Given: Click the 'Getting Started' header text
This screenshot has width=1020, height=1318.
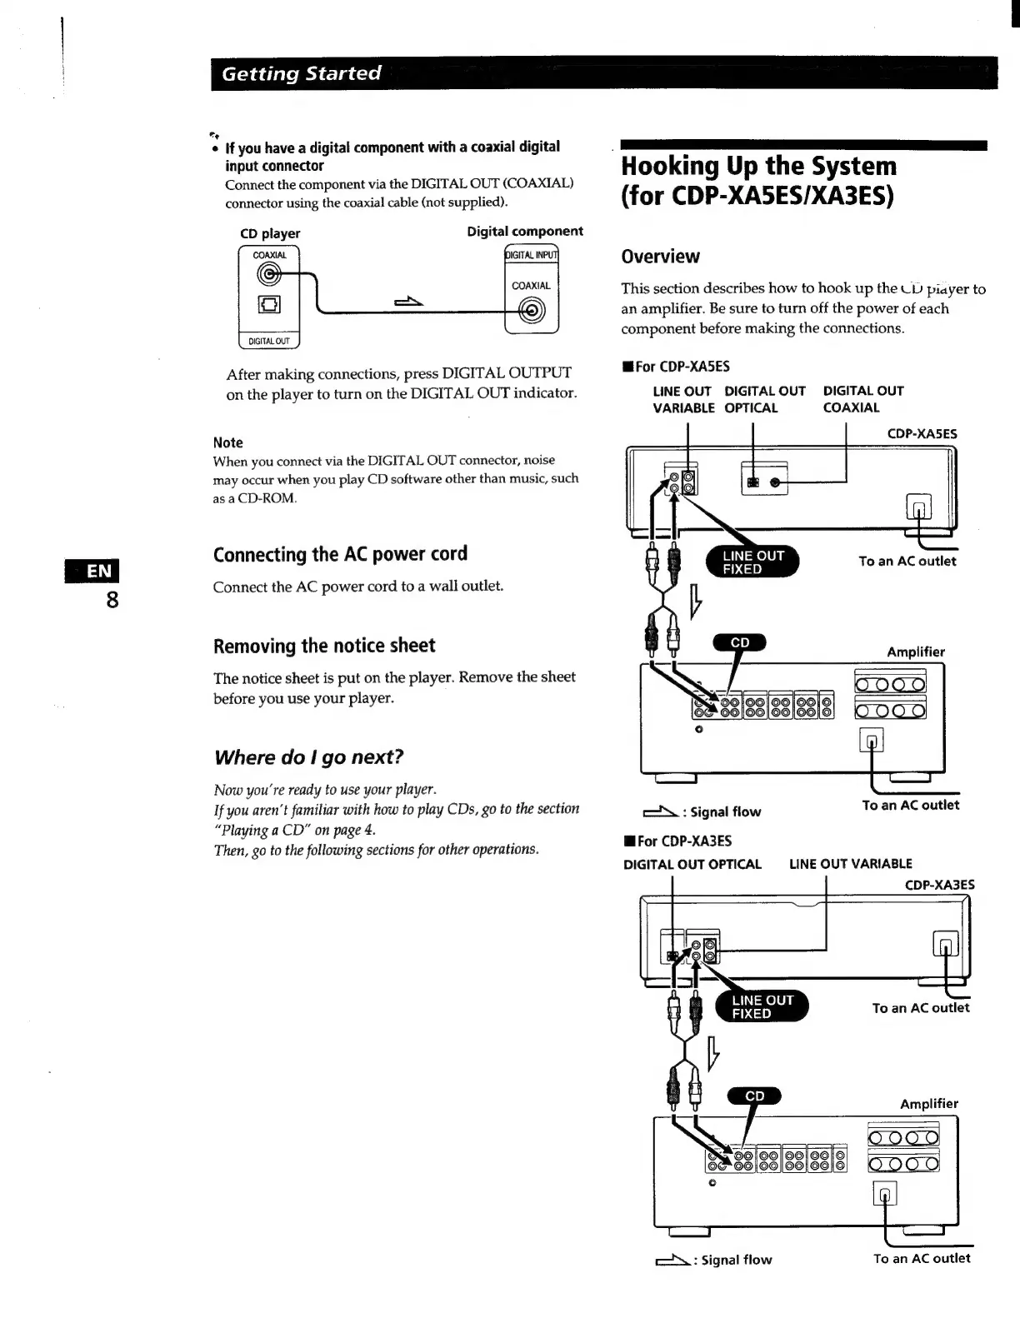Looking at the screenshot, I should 301,73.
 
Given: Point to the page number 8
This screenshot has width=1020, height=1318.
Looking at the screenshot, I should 112,600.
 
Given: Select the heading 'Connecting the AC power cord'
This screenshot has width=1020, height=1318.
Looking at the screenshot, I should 340,554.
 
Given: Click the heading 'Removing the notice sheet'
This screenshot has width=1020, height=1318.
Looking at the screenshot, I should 324,646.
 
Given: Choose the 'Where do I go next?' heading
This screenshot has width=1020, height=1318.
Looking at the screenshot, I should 308,757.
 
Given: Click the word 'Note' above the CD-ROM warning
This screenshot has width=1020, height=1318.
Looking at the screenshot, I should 227,442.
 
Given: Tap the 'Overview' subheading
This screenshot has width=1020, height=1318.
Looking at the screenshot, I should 660,257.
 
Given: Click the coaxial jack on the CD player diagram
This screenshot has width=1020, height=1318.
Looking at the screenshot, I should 268,274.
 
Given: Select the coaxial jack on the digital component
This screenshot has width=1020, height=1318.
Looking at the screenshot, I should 532,311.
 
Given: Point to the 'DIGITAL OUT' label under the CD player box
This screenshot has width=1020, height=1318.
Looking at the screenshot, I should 268,341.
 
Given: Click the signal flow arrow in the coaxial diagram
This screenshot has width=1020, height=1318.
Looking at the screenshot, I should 409,302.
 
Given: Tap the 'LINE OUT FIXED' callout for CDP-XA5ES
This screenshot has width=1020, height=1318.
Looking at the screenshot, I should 752,562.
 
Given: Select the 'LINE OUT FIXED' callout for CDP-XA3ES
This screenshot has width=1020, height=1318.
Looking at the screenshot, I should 762,1006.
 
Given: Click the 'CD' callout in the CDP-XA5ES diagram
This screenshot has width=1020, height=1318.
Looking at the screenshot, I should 739,642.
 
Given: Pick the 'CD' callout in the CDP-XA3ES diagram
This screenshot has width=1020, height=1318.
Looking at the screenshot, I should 754,1096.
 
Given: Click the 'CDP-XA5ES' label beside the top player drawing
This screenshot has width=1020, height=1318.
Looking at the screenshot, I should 922,434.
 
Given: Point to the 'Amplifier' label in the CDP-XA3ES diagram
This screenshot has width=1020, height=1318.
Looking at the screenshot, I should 928,1104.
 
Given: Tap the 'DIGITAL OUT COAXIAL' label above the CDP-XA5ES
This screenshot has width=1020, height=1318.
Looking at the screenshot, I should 862,399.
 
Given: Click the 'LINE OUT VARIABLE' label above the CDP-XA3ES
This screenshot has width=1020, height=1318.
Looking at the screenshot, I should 850,864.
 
